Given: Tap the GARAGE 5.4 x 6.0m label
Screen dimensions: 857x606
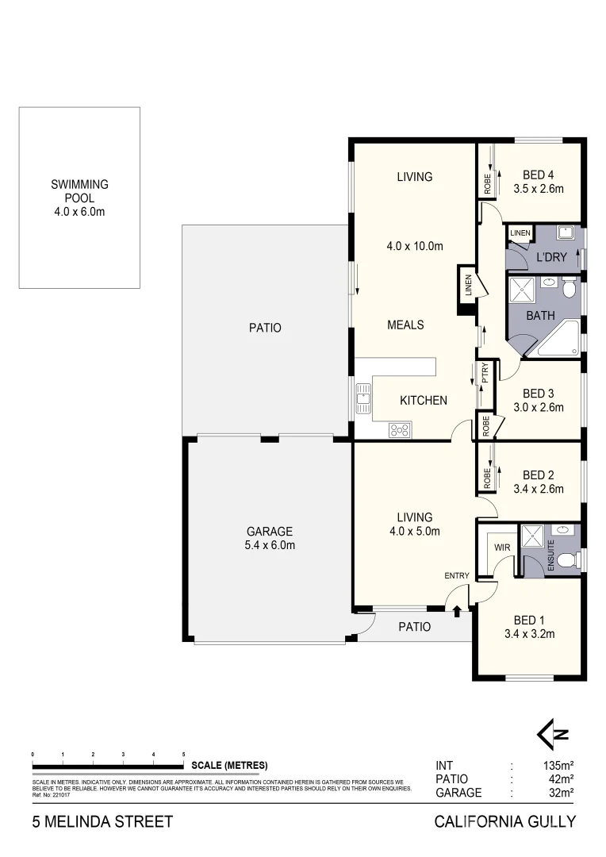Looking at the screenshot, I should [270, 538].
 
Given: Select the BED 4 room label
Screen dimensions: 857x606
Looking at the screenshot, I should [539, 176].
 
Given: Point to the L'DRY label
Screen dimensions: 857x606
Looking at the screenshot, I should [551, 258].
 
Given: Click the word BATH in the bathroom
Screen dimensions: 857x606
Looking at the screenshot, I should [540, 315].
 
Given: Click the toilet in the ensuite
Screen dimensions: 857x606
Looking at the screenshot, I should [566, 562].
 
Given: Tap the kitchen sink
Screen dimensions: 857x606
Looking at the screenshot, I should [364, 399].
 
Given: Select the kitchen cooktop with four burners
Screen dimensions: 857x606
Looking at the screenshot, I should [400, 430].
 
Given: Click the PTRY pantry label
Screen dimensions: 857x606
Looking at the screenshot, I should [485, 374].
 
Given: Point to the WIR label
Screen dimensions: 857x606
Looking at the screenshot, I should [501, 547].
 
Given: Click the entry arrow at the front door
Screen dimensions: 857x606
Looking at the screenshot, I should [458, 609].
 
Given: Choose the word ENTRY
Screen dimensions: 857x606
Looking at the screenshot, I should [457, 576].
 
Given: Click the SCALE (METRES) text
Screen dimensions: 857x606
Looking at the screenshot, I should [229, 766].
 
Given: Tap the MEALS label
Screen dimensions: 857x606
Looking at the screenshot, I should [405, 325].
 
